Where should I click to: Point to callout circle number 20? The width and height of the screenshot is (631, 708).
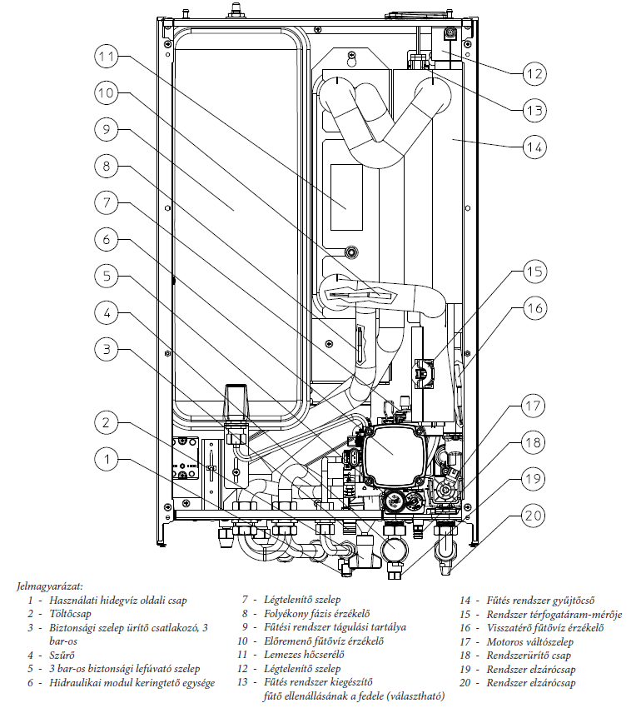[x=534, y=515]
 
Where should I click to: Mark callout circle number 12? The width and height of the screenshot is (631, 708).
[x=534, y=72]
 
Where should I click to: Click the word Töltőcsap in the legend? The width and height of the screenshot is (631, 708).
[x=72, y=613]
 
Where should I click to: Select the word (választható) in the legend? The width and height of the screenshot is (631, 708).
[x=405, y=696]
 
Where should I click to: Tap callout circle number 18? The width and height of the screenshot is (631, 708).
[x=534, y=442]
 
